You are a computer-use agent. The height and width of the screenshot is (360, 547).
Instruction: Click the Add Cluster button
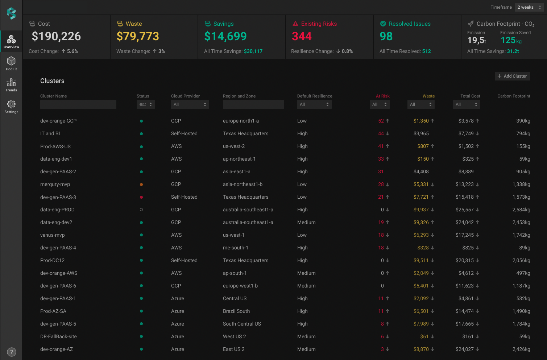(x=512, y=76)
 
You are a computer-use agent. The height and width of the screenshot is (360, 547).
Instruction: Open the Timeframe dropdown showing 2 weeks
(x=529, y=7)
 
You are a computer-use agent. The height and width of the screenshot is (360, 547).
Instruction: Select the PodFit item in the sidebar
(x=11, y=63)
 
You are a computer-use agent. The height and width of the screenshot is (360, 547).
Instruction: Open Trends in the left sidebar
(x=11, y=85)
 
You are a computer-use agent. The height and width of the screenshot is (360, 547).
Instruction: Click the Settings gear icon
(x=11, y=104)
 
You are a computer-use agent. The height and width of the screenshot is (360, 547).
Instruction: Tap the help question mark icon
(x=12, y=352)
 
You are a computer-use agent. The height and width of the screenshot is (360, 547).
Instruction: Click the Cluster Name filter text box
(x=78, y=104)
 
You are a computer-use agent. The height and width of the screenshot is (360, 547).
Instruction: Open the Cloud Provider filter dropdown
(x=190, y=104)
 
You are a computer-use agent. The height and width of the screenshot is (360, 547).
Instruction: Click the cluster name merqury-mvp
(x=55, y=184)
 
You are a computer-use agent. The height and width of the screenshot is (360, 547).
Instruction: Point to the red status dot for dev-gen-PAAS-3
(x=141, y=197)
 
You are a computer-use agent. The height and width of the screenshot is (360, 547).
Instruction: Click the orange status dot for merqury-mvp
(x=141, y=185)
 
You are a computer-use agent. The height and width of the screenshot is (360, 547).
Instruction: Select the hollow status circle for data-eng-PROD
(x=141, y=210)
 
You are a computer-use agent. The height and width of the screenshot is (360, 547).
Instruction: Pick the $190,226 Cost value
(x=56, y=36)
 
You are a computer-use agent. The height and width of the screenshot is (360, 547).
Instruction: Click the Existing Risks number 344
(x=302, y=36)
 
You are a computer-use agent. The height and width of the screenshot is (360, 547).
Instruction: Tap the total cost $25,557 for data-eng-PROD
(x=464, y=210)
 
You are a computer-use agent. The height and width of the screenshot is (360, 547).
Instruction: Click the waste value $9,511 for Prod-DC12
(x=421, y=260)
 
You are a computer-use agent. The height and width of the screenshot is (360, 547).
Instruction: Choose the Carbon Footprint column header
(x=514, y=96)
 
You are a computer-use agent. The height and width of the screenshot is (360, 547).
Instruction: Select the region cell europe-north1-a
(x=241, y=121)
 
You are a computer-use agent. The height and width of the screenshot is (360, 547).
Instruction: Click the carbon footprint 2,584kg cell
(x=521, y=210)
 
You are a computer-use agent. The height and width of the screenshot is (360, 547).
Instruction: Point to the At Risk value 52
(x=381, y=121)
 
